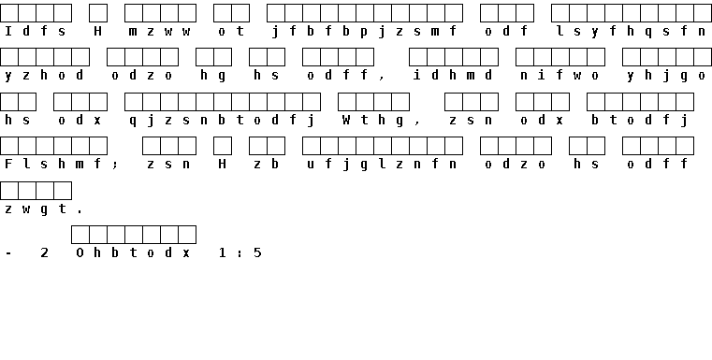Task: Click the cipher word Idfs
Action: click(36, 31)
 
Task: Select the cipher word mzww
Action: click(159, 31)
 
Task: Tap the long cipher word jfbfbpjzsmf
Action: click(364, 32)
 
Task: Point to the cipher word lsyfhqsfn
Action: click(632, 32)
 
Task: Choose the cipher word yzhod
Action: click(45, 76)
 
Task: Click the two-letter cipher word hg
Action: click(213, 76)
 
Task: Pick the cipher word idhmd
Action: click(453, 75)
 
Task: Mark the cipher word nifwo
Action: click(559, 75)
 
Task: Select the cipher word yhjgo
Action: click(666, 76)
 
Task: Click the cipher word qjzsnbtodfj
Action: click(222, 121)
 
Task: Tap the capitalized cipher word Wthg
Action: click(373, 121)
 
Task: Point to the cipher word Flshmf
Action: click(53, 164)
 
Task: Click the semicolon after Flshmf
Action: click(115, 165)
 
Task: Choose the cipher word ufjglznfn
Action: click(382, 165)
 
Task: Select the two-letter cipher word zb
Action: click(267, 164)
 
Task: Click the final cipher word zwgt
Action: click(36, 209)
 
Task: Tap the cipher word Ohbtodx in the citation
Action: click(133, 252)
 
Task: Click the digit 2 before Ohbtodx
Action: click(44, 252)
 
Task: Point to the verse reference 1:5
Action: click(240, 252)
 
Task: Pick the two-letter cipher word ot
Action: click(231, 31)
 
